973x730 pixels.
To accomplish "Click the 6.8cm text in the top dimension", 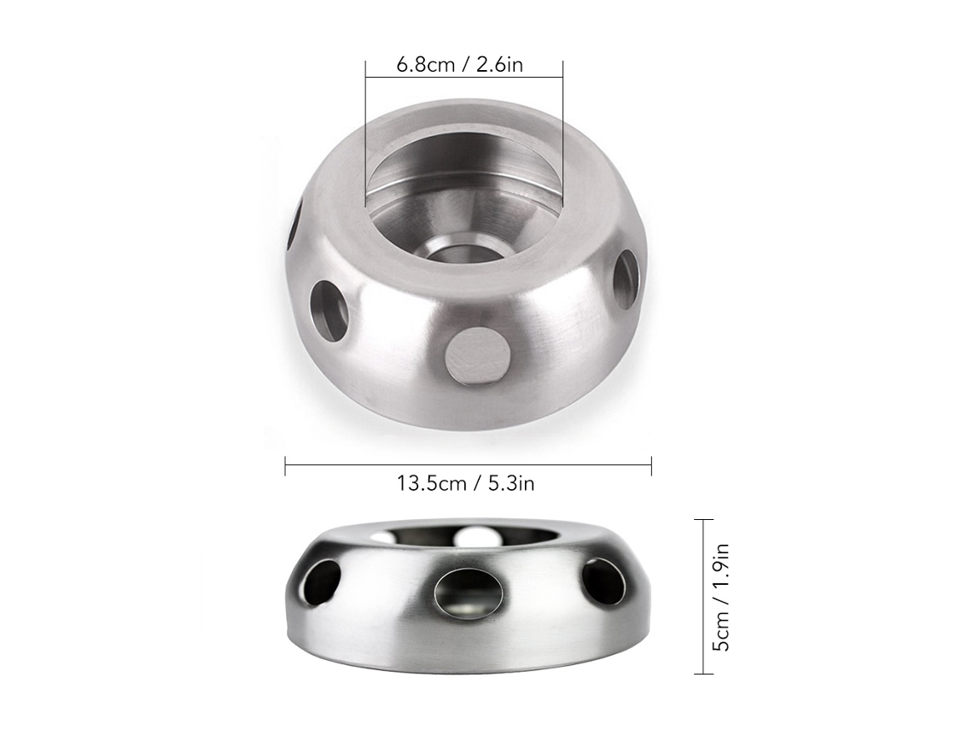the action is click(x=426, y=65).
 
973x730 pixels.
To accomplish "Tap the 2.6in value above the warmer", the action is click(x=499, y=65).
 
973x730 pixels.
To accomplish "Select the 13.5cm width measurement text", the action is click(x=432, y=483).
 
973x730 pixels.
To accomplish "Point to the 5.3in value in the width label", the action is click(x=510, y=483).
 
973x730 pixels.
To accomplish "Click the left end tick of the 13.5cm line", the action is click(x=285, y=465).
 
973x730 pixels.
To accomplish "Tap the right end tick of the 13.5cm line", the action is click(x=651, y=465).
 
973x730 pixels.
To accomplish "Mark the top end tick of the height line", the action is click(x=703, y=519).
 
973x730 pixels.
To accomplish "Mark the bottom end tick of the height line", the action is click(x=703, y=674).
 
